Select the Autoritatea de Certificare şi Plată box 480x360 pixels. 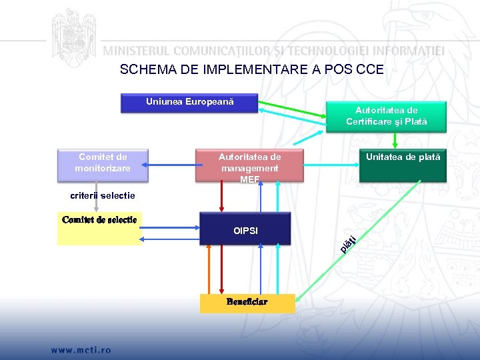pyautogui.click(x=386, y=116)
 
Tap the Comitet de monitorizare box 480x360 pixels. pyautogui.click(x=103, y=164)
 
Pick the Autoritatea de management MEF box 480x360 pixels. pyautogui.click(x=249, y=165)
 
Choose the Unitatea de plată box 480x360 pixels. pyautogui.click(x=402, y=165)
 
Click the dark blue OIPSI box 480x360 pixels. pyautogui.click(x=245, y=229)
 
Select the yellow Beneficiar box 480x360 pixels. pyautogui.click(x=246, y=303)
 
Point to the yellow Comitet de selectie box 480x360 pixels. pyautogui.click(x=99, y=229)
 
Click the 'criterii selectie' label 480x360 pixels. pyautogui.click(x=103, y=196)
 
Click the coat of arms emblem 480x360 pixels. pyautogui.click(x=73, y=35)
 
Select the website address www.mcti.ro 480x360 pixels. pyautogui.click(x=79, y=349)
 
